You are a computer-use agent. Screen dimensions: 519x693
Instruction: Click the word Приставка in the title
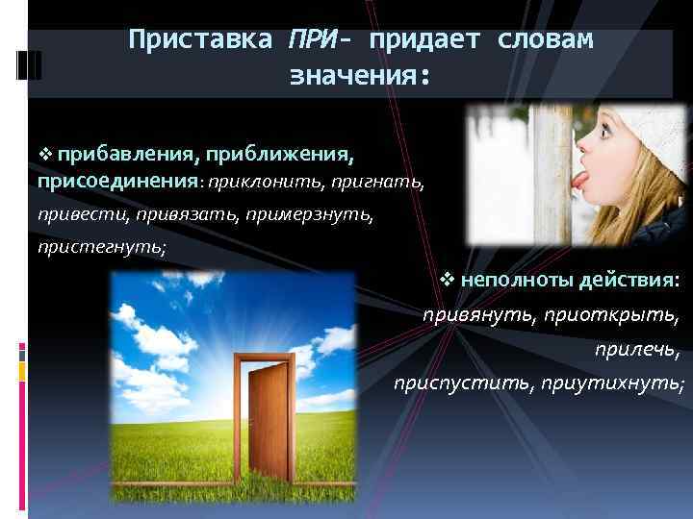tap(200, 39)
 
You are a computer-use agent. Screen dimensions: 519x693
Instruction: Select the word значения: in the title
tap(357, 76)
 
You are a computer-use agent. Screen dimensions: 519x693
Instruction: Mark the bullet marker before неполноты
tap(446, 280)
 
